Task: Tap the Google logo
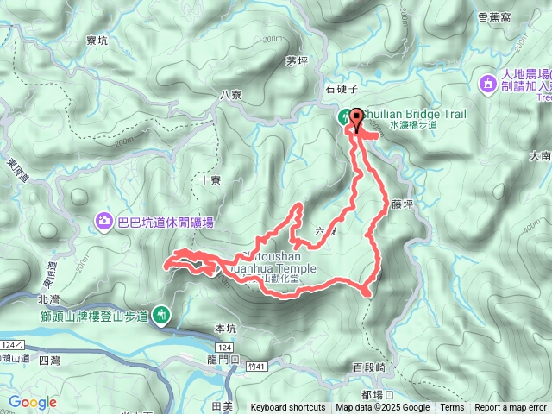coord(33,402)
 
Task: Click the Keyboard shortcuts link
coord(288,408)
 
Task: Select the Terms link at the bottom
coord(452,408)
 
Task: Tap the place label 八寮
coord(230,95)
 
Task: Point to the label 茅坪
coord(297,60)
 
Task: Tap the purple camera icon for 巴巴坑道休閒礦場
coord(105,223)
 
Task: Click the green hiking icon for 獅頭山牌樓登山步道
coord(161,316)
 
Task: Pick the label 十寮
coord(210,180)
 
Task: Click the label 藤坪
coord(402,205)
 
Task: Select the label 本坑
coord(224,329)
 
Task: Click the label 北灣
coord(50,298)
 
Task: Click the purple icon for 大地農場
coord(487,84)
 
